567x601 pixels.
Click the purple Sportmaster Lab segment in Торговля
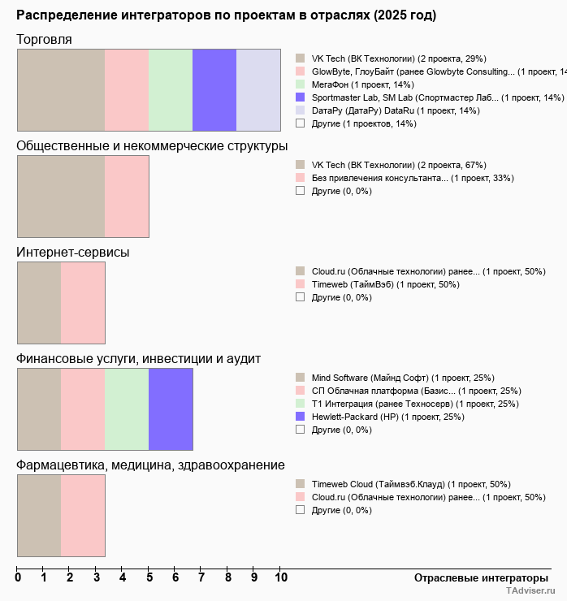pos(214,89)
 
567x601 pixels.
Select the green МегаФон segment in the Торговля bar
pos(171,89)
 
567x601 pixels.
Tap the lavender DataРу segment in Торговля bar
pos(258,89)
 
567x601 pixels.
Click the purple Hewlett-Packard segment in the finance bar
pos(171,409)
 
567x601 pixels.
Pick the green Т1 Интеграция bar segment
pos(127,409)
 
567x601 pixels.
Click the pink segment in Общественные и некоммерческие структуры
pos(127,197)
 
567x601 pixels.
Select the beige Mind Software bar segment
pos(39,409)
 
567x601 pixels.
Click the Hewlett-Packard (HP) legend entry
pos(387,417)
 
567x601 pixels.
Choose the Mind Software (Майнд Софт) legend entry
pos(402,378)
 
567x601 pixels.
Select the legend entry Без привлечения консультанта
pos(412,178)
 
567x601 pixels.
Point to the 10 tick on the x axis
pos(281,577)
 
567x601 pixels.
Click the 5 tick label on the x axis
pos(149,577)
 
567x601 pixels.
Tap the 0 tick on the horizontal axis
pos(18,577)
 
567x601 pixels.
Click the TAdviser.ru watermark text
pos(530,592)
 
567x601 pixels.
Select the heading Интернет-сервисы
pos(73,253)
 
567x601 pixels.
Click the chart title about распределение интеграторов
pos(226,15)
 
